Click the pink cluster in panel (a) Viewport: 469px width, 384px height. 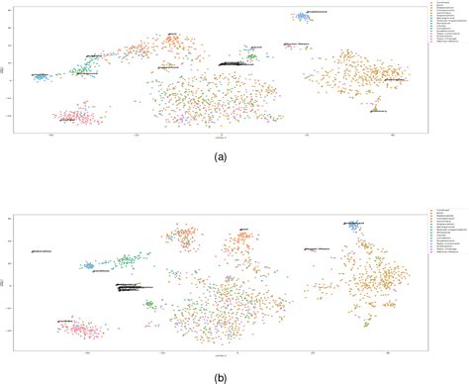(75, 118)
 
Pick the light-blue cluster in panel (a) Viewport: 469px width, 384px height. (41, 75)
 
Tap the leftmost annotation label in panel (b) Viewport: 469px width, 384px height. (42, 251)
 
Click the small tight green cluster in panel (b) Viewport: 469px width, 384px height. (149, 305)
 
